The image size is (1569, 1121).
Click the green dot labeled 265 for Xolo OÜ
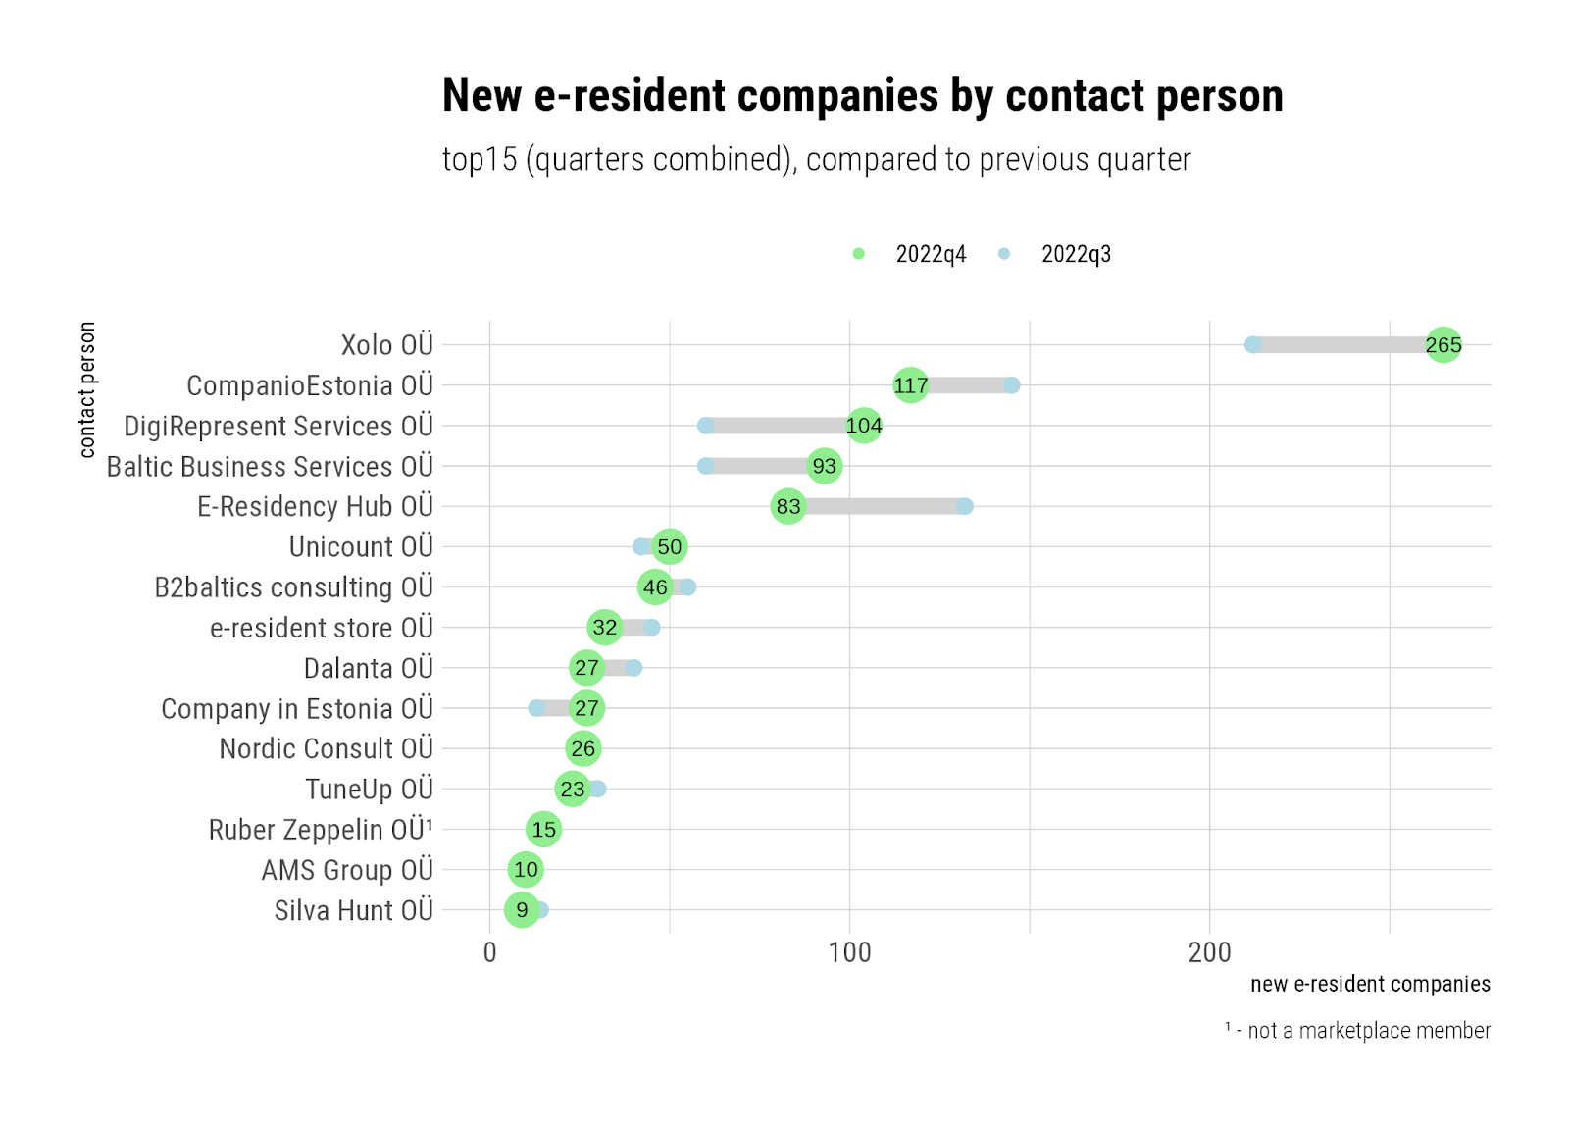[x=1442, y=345]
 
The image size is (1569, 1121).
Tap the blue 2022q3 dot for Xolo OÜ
[x=1252, y=345]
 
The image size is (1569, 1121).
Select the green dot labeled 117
[x=910, y=385]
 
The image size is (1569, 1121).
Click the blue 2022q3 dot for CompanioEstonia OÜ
[x=1011, y=385]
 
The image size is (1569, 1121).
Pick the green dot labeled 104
[x=863, y=426]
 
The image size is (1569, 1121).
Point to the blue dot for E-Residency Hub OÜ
[x=965, y=506]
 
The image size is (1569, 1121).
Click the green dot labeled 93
[x=824, y=466]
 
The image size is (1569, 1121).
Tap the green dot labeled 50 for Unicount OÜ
[x=669, y=547]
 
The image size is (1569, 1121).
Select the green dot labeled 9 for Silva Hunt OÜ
[x=522, y=910]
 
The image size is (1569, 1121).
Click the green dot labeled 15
[x=543, y=830]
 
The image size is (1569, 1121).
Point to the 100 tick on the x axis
[x=849, y=952]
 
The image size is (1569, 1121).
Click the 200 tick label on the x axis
[x=1209, y=952]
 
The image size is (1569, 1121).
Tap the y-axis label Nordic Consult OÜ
[x=326, y=749]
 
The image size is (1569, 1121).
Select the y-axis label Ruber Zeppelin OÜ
[x=320, y=830]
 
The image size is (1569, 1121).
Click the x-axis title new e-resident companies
[x=1370, y=984]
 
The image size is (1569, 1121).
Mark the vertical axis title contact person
[x=87, y=389]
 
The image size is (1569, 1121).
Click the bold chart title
[x=862, y=96]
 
